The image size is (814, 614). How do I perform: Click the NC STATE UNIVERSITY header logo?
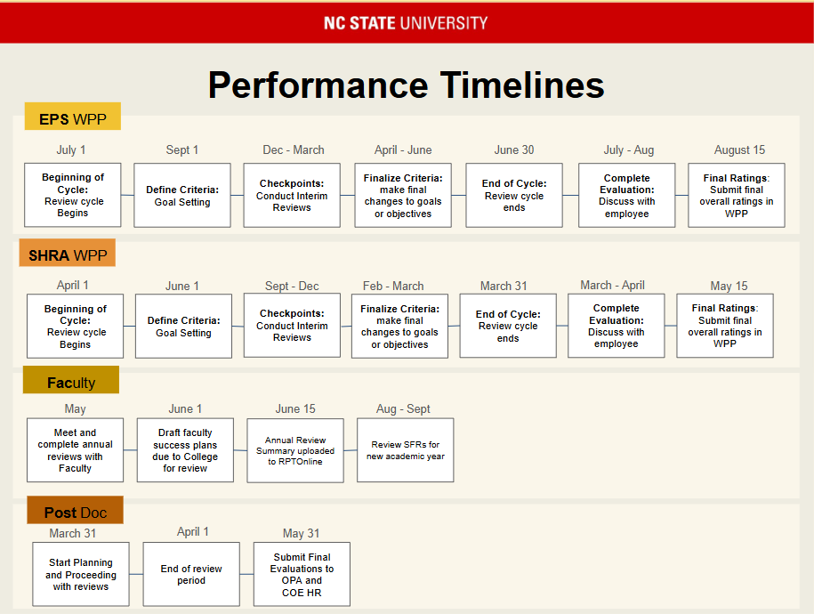[406, 23]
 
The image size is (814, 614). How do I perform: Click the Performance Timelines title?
[406, 85]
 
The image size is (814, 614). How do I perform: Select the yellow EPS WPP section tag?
[73, 117]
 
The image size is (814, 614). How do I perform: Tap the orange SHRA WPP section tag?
[68, 253]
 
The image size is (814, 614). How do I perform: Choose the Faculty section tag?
[71, 380]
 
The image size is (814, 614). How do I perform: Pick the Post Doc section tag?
[76, 510]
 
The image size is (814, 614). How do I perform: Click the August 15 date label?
[739, 150]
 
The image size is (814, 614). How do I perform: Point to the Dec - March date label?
[294, 150]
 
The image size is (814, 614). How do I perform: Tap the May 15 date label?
[729, 287]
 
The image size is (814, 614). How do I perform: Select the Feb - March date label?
[393, 287]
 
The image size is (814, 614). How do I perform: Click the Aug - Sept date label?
[403, 409]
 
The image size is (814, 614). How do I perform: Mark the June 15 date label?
[294, 408]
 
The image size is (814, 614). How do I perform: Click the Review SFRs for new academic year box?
[406, 450]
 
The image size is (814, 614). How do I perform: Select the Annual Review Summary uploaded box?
[295, 451]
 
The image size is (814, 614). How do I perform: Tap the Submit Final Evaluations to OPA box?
[302, 575]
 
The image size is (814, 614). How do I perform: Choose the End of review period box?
[191, 575]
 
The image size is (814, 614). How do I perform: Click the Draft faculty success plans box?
[185, 450]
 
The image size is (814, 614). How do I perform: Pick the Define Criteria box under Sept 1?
[182, 195]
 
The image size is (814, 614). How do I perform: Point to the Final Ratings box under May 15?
[725, 326]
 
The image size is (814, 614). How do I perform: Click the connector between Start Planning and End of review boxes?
[136, 574]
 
